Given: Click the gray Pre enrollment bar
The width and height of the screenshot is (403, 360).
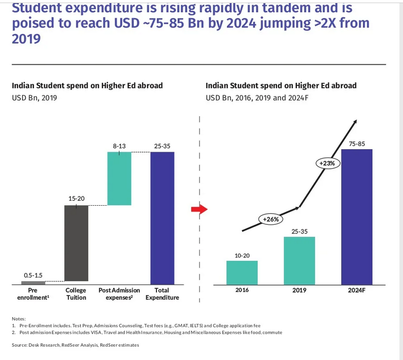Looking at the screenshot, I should [x=33, y=282].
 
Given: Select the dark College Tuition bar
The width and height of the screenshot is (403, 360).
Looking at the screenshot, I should [x=76, y=245].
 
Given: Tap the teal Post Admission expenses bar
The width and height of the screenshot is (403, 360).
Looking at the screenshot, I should [x=119, y=178].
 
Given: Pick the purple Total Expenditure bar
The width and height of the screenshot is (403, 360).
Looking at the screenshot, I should [x=162, y=218].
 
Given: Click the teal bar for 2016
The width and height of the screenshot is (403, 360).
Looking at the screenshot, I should [x=242, y=273].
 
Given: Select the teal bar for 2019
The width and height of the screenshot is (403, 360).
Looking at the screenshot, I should [x=299, y=260].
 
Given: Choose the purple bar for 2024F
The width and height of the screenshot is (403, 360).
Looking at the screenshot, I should [x=357, y=217].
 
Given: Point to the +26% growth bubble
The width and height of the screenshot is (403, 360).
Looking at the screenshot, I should [x=271, y=219].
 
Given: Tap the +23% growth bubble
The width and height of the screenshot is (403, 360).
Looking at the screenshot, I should [x=327, y=163].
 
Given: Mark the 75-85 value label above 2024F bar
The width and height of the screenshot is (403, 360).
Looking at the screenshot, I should [x=357, y=144].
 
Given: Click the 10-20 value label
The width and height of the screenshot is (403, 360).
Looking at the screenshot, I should [x=242, y=256].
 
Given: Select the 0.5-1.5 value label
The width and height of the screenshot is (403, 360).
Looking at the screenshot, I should [x=33, y=275].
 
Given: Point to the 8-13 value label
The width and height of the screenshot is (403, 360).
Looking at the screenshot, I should [x=119, y=147].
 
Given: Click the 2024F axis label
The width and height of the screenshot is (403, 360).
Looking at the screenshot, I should [x=357, y=290].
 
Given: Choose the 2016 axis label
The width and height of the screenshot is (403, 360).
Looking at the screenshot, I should [x=242, y=290].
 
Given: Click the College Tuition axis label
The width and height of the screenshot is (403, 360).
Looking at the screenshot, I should [x=76, y=294].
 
